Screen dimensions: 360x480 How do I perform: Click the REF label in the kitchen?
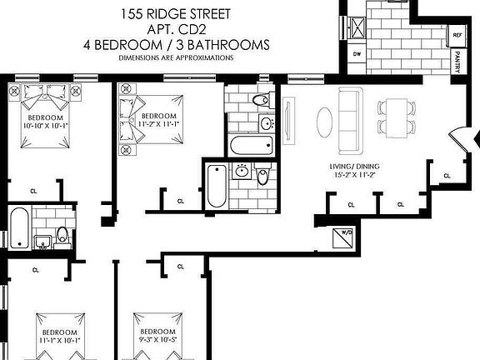pyautogui.click(x=457, y=37)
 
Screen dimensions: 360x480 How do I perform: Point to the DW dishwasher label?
pyautogui.click(x=357, y=54)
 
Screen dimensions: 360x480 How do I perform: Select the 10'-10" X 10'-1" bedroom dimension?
pyautogui.click(x=49, y=127)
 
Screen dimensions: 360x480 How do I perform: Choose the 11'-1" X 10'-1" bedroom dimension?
pyautogui.click(x=59, y=340)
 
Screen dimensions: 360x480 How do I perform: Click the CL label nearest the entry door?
pyautogui.click(x=447, y=175)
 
